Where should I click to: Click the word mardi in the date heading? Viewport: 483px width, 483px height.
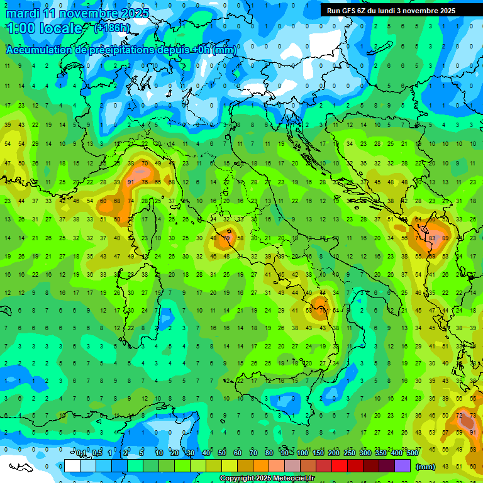(x=22, y=13)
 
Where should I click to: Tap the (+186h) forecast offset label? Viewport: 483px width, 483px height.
(x=112, y=28)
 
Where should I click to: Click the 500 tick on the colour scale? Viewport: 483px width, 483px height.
(x=413, y=453)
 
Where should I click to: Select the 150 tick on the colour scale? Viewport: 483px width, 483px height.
(x=318, y=453)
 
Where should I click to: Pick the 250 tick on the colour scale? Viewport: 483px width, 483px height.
(x=350, y=453)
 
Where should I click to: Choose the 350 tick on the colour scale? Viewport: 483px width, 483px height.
(x=381, y=453)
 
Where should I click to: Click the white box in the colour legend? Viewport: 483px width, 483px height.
(x=72, y=466)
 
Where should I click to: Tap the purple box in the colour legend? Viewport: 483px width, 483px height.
(x=402, y=466)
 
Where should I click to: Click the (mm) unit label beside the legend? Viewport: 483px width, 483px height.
(x=426, y=467)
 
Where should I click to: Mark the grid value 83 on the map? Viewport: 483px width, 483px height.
(x=432, y=238)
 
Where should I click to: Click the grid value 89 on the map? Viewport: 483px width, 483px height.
(x=446, y=238)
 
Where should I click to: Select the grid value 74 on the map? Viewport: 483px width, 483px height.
(x=131, y=201)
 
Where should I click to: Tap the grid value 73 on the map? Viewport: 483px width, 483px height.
(x=473, y=416)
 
